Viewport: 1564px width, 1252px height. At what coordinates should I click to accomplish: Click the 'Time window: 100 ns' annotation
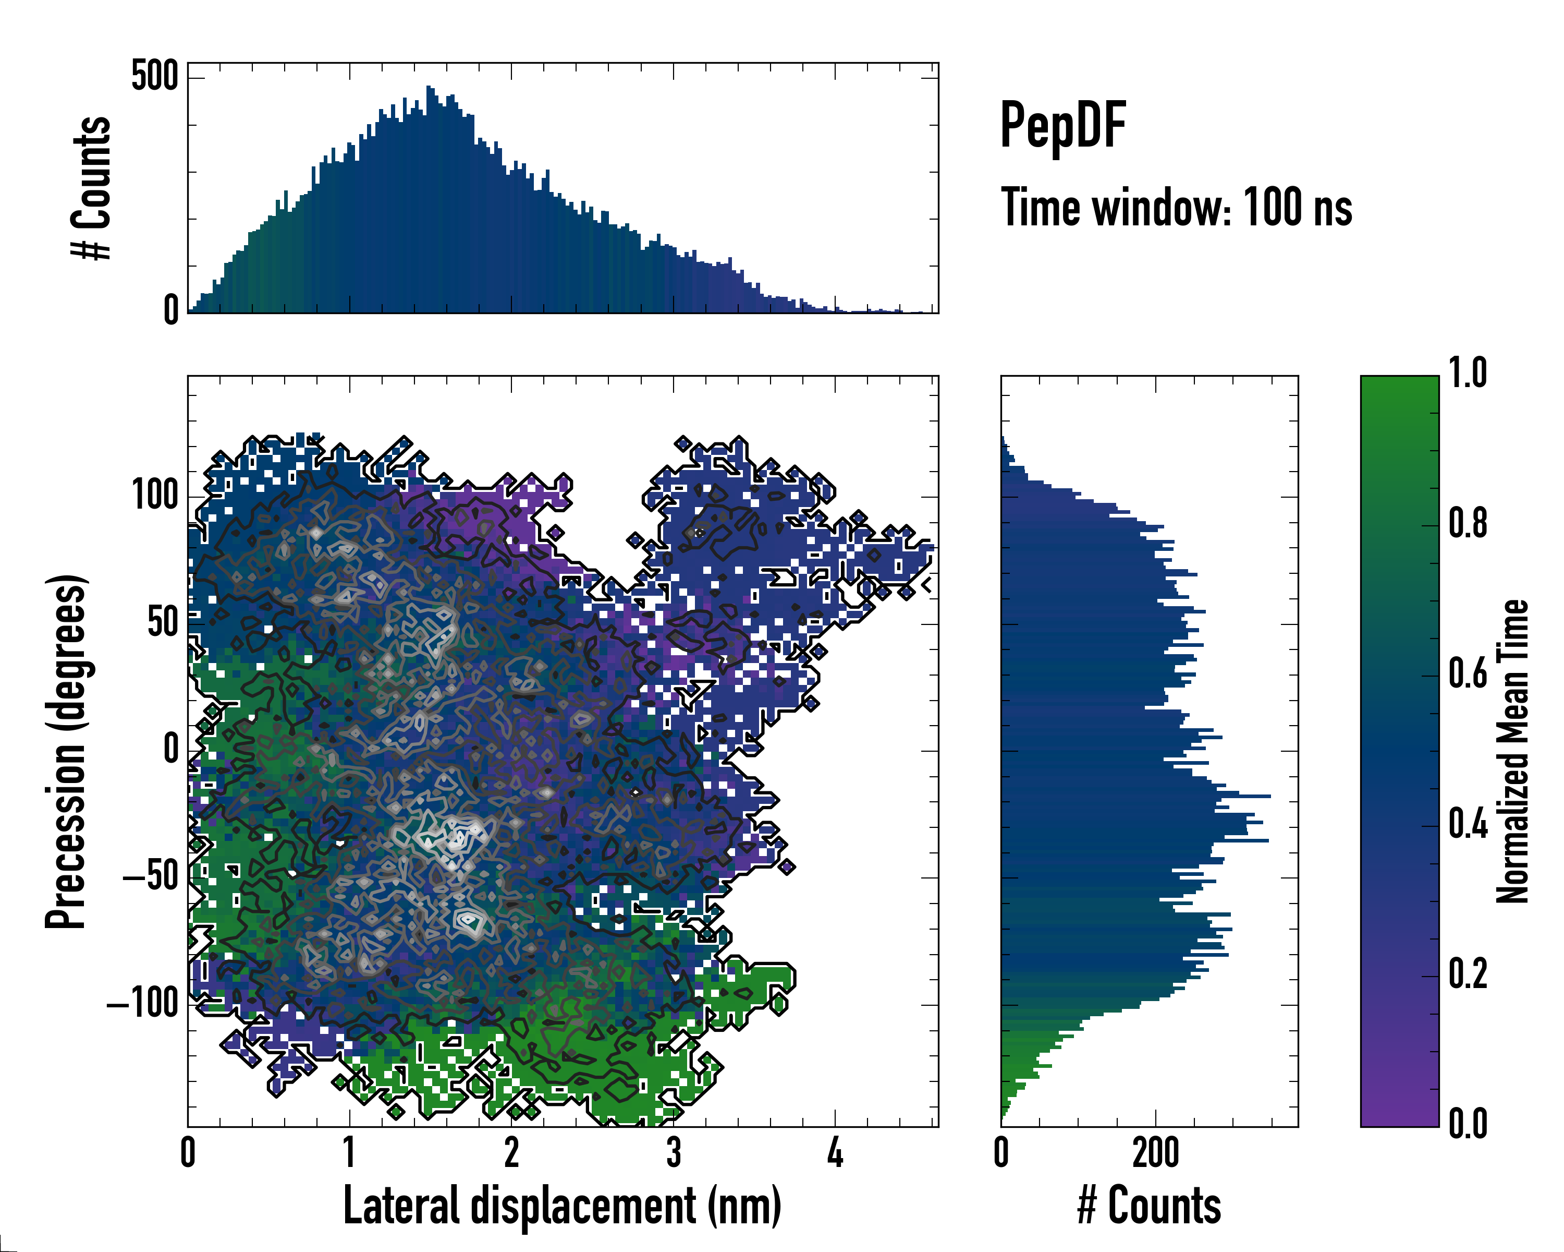[x=1176, y=208]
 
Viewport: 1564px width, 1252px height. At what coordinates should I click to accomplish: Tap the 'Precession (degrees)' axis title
[x=67, y=751]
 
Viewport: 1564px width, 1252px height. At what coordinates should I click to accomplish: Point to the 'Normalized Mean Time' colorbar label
[x=1512, y=751]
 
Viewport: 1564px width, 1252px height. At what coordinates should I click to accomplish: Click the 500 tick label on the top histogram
[x=154, y=76]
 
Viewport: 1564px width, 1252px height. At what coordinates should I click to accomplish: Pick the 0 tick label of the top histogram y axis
[x=171, y=310]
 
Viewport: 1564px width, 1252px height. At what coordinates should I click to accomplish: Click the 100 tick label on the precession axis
[x=154, y=497]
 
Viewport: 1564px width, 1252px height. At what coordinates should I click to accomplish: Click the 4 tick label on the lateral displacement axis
[x=835, y=1153]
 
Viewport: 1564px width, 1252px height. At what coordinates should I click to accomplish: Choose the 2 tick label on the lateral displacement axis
[x=511, y=1153]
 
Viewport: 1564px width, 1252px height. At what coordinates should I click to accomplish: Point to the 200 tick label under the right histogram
[x=1156, y=1153]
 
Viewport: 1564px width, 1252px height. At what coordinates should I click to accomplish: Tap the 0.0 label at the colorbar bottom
[x=1468, y=1124]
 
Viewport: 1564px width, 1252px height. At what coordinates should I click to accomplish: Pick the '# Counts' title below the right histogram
[x=1149, y=1206]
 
